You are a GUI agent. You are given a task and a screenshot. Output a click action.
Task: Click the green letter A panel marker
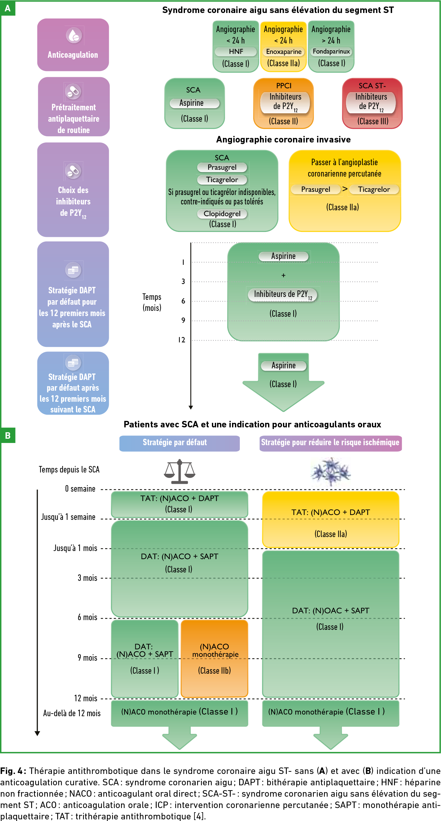(8, 8)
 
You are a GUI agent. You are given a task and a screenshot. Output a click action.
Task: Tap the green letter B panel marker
(8, 435)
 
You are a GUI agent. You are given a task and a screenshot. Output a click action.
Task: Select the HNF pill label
(236, 52)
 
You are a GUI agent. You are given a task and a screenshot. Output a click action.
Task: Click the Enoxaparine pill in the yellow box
(284, 52)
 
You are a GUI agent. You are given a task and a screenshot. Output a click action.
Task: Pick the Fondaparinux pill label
(331, 52)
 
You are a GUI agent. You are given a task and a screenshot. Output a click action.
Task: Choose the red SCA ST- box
(372, 103)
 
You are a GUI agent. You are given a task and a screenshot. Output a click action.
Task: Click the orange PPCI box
(283, 103)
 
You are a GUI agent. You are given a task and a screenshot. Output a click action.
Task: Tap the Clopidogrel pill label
(222, 214)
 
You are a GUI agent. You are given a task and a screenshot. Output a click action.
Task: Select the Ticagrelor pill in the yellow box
(374, 190)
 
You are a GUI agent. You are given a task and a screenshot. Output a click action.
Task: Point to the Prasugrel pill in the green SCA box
(222, 167)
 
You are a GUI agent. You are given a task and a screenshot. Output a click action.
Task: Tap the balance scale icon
(179, 471)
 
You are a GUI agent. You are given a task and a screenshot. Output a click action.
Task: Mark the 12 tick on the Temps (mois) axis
(182, 340)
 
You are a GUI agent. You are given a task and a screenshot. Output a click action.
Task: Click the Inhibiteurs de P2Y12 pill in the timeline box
(283, 295)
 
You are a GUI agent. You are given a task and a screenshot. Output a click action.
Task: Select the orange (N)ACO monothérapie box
(214, 659)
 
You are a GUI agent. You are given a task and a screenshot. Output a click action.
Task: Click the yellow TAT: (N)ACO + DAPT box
(331, 519)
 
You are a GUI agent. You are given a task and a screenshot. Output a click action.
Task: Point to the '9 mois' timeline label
(87, 658)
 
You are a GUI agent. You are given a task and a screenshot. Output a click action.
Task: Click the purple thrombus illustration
(330, 472)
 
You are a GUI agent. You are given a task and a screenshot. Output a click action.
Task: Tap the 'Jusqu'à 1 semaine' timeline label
(68, 517)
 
